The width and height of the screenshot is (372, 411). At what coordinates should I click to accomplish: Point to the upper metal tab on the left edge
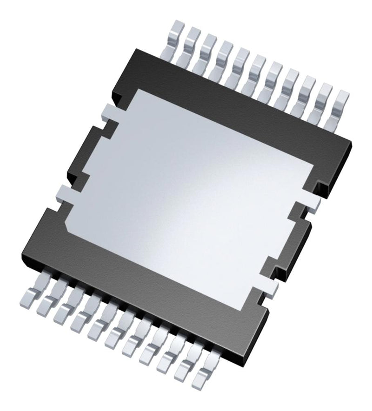108,111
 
